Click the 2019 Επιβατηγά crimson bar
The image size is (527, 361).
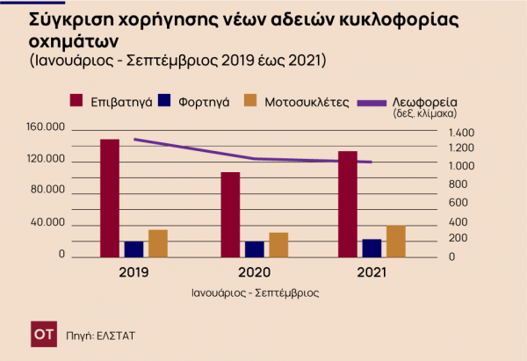110,198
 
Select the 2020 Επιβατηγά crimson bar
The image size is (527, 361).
230,214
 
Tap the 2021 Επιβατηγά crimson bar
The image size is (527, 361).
348,204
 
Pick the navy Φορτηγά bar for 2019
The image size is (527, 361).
134,249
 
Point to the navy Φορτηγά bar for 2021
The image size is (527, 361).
372,248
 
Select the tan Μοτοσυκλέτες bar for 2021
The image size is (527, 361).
395,241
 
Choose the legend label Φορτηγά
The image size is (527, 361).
203,102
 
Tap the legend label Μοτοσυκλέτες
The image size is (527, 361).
307,102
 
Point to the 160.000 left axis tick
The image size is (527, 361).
48,128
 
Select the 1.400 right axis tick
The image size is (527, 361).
461,132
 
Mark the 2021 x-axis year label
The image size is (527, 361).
373,272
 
